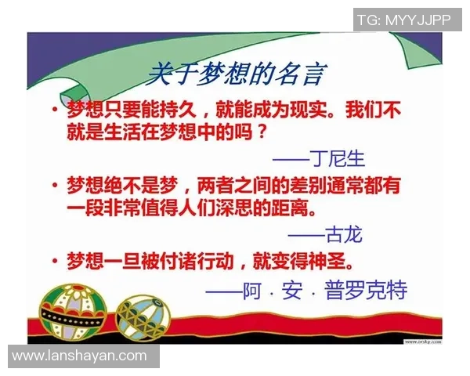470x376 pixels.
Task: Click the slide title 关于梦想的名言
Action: [x=236, y=75]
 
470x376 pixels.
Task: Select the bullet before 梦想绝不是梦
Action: [x=54, y=186]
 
